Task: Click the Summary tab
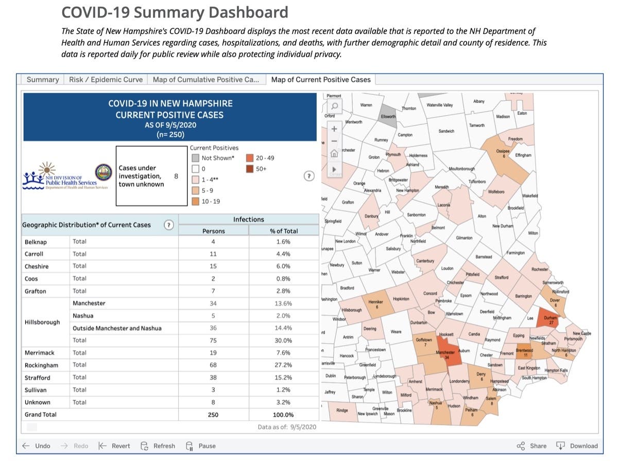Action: point(43,80)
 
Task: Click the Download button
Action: point(577,446)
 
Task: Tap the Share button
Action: point(531,446)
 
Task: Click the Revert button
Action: point(114,446)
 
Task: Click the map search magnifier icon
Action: point(334,106)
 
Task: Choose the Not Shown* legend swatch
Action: point(195,158)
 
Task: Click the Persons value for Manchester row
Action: point(213,304)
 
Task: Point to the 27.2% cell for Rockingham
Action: point(283,365)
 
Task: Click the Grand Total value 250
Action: point(213,415)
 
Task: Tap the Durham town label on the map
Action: point(550,318)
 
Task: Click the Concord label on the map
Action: point(430,293)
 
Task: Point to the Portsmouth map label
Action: point(573,339)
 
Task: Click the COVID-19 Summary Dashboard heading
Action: point(175,12)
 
